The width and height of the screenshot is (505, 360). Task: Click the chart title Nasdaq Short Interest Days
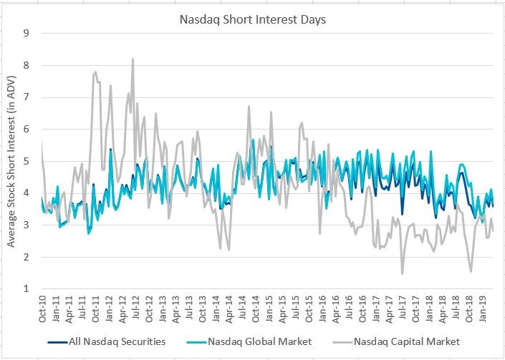pos(252,19)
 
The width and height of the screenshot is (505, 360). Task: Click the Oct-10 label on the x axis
pos(42,310)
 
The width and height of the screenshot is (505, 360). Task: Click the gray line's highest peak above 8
pos(133,59)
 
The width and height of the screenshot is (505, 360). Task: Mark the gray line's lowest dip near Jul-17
pos(402,273)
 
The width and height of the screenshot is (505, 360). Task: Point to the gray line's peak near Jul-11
pos(95,72)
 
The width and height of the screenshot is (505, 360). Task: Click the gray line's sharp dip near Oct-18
pos(471,271)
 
